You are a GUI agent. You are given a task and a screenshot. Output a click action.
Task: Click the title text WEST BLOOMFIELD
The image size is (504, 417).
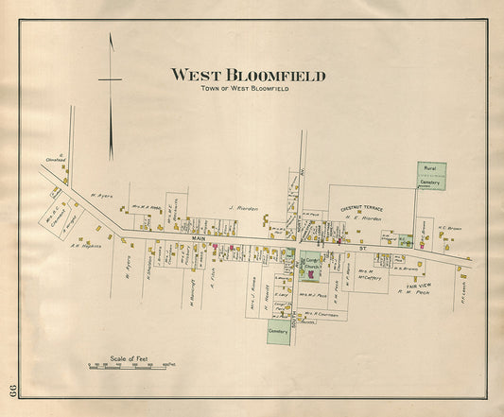pos(248,75)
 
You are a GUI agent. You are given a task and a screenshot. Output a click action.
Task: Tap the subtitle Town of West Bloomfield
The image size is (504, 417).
pos(245,88)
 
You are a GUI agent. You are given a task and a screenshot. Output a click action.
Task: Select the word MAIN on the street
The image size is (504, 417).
pos(199,237)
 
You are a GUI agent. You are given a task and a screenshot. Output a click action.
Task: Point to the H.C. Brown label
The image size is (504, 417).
pos(448,228)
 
